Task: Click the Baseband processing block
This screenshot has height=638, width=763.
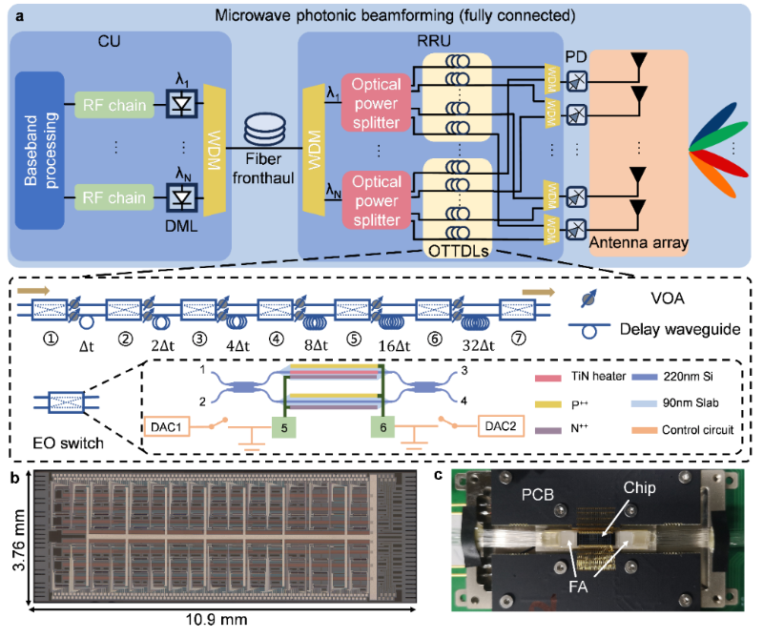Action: (x=40, y=151)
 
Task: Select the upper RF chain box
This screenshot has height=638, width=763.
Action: (x=114, y=105)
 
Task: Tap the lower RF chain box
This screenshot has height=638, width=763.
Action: (x=114, y=197)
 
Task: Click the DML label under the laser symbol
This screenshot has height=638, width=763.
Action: (x=181, y=226)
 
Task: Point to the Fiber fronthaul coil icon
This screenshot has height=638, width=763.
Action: (x=265, y=131)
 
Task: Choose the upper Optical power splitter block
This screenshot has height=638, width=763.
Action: (x=376, y=103)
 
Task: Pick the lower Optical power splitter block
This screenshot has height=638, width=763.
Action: (x=376, y=200)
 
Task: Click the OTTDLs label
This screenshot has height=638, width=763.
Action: (x=459, y=251)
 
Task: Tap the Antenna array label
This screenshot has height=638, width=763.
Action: (x=638, y=242)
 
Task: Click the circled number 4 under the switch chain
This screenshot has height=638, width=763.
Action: (x=277, y=339)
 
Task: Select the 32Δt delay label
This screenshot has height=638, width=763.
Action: (x=479, y=345)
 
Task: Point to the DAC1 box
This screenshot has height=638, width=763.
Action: (x=166, y=427)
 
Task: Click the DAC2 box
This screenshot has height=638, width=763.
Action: (x=501, y=426)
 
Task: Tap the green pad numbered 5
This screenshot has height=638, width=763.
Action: (x=284, y=428)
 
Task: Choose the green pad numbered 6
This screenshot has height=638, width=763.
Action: (x=383, y=427)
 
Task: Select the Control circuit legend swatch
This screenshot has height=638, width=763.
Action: (x=645, y=431)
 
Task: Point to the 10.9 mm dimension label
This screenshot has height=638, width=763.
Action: (x=217, y=620)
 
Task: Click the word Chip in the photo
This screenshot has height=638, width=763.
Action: (x=639, y=488)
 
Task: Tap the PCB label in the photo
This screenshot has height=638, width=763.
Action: (x=538, y=495)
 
